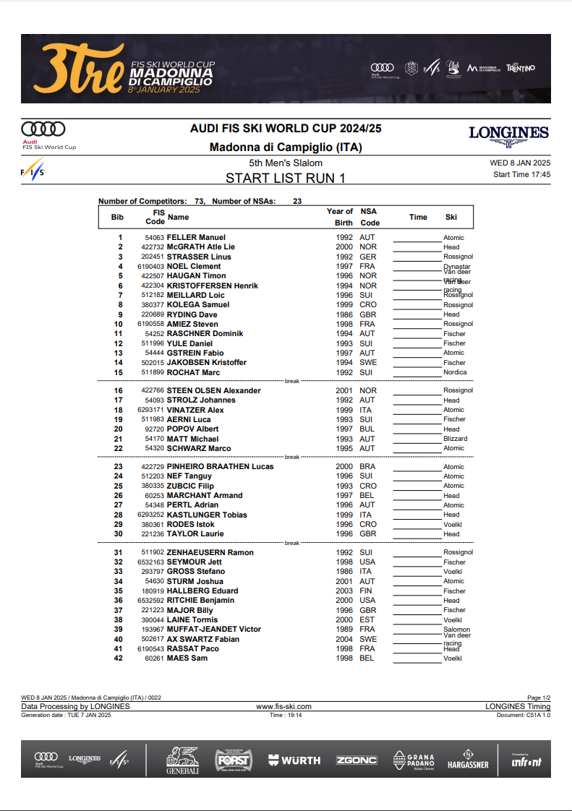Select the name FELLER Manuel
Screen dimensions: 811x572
tap(196, 238)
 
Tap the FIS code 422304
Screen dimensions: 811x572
tap(153, 286)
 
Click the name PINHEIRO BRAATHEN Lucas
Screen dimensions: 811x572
tap(220, 467)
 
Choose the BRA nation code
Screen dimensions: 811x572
tap(367, 467)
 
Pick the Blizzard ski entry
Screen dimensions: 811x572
tap(455, 439)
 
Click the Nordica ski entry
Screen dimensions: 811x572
tap(455, 372)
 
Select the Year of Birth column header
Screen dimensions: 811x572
tap(340, 217)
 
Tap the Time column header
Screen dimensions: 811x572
tap(418, 217)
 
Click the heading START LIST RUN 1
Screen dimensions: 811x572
tap(286, 178)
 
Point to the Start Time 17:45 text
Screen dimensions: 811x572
tap(521, 174)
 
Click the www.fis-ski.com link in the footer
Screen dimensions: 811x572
tap(284, 706)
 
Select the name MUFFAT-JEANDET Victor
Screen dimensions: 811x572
tap(213, 630)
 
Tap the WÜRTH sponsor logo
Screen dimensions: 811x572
tap(294, 760)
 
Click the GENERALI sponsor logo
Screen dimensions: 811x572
tap(182, 760)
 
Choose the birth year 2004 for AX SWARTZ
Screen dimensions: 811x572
tap(343, 639)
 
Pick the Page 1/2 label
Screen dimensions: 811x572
tap(538, 698)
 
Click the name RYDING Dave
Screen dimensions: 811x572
tap(192, 314)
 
